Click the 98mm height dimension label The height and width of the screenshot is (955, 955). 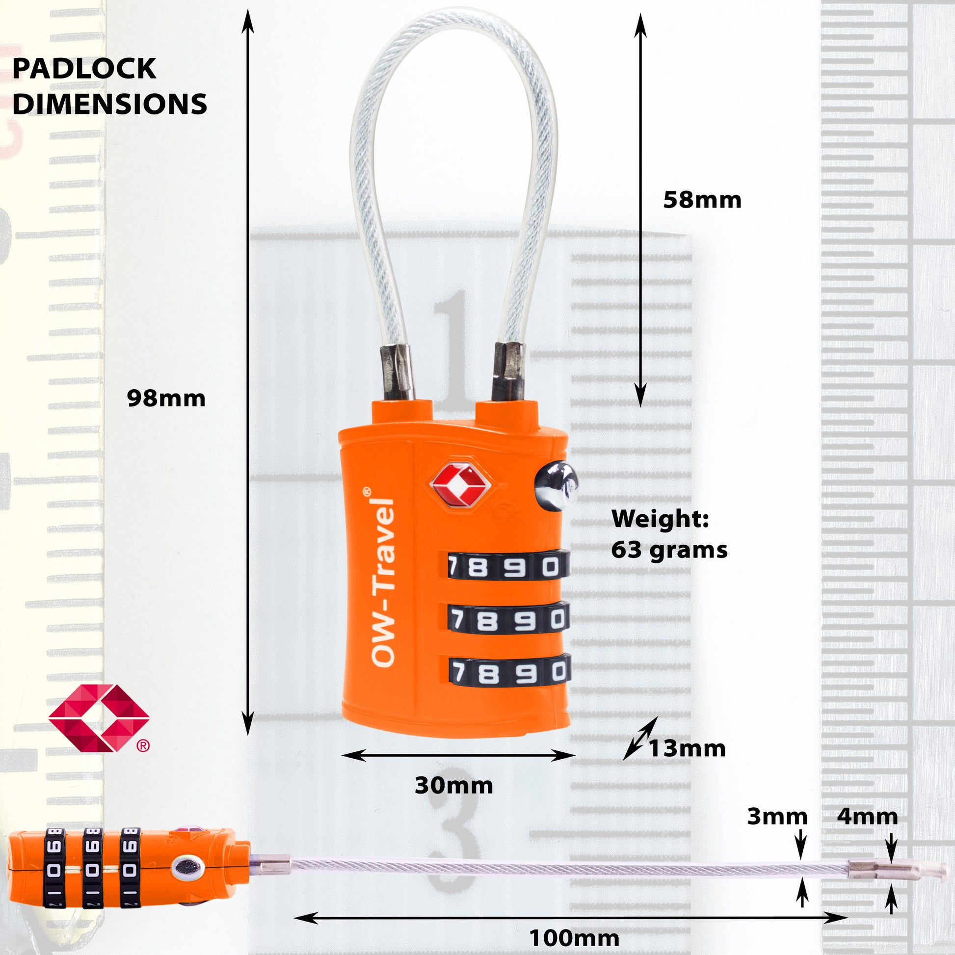coord(166,398)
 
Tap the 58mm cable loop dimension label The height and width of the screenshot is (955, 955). coord(702,200)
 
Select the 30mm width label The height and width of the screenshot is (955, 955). coord(454,786)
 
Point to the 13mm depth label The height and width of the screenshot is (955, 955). coord(687,748)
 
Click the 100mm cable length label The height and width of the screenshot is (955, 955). coord(574,938)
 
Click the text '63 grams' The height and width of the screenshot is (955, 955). coord(669,550)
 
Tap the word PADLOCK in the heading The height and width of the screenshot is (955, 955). coord(84,69)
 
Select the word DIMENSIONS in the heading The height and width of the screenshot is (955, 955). coord(110,104)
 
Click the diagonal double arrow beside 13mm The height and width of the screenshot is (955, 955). coord(640,738)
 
